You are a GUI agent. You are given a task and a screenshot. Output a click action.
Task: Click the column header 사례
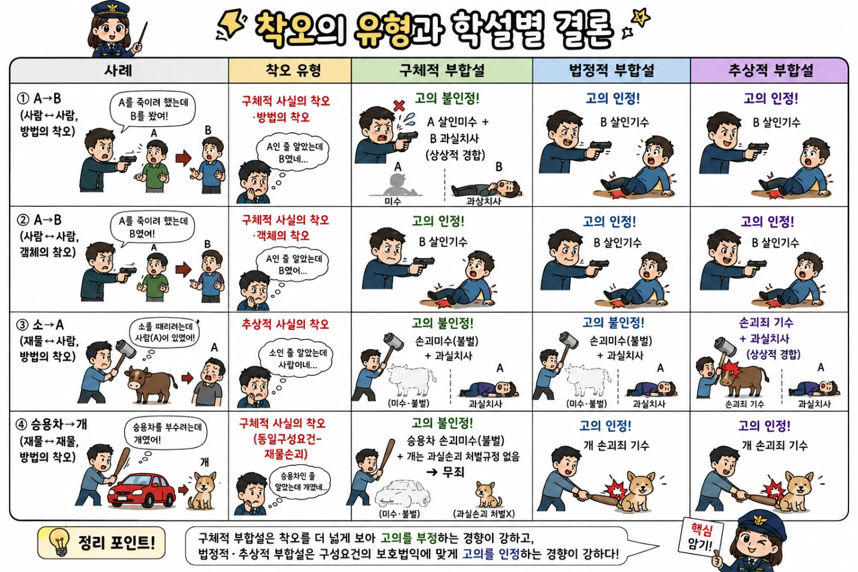119,70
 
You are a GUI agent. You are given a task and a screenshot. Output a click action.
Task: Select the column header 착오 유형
293,70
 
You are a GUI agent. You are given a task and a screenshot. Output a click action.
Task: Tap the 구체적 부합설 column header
442,70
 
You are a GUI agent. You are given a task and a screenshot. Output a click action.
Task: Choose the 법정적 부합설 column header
612,70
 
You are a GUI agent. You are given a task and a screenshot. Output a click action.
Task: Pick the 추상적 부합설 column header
770,70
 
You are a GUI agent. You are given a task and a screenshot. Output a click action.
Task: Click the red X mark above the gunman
399,105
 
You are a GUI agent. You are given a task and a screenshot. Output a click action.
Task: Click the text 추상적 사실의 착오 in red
285,325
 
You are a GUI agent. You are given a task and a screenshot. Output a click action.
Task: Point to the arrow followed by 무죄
431,472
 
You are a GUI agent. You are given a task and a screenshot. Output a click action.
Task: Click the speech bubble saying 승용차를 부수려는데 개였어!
166,433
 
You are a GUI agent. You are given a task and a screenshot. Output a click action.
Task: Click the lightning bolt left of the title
231,24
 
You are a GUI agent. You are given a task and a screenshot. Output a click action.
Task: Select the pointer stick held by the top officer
140,36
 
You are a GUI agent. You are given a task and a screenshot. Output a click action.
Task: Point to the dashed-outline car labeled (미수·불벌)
402,493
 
